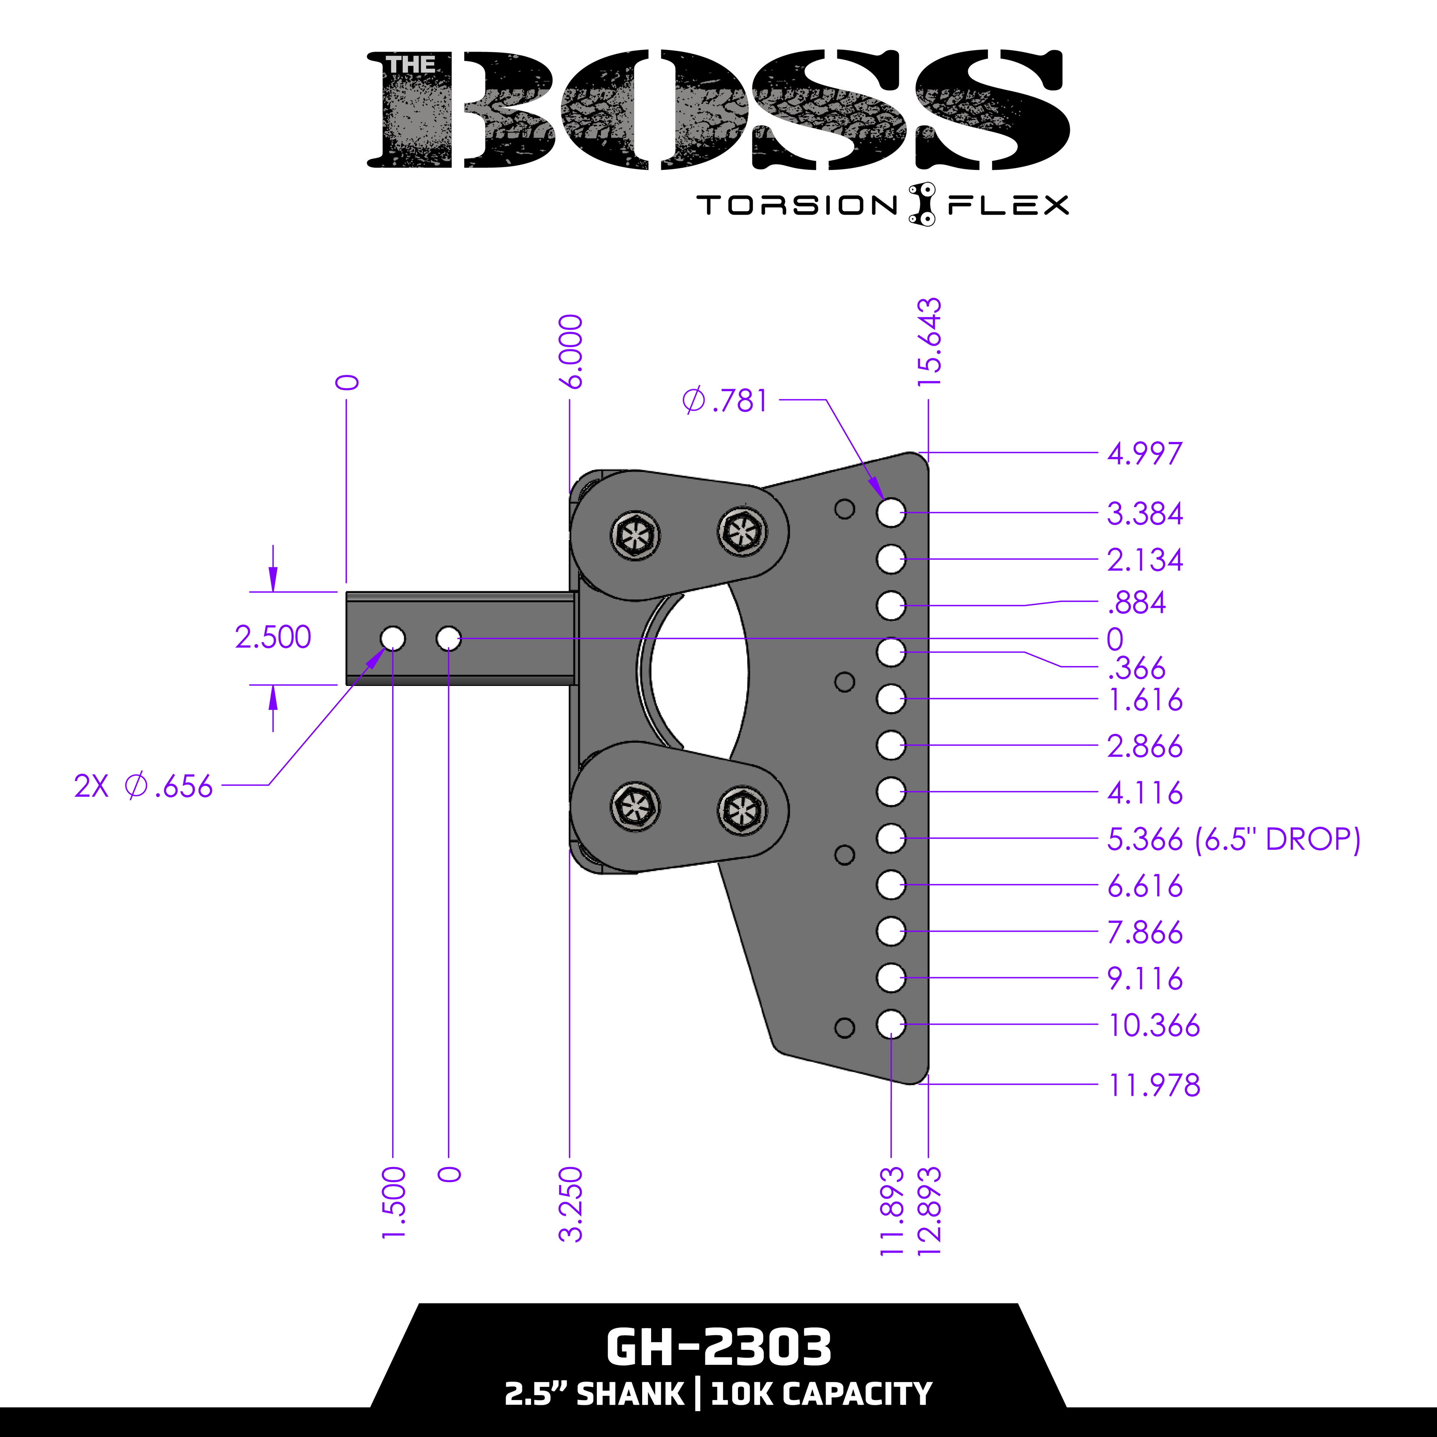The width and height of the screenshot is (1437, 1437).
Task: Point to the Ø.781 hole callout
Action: tap(724, 401)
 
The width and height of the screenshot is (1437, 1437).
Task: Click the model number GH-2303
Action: tap(718, 1347)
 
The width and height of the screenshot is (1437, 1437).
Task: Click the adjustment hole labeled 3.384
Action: tap(890, 512)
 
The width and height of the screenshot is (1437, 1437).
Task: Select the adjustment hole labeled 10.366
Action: tap(890, 1024)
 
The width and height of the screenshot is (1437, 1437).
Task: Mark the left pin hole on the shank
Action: tap(393, 638)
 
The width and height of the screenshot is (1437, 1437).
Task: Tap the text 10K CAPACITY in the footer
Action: tap(821, 1394)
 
